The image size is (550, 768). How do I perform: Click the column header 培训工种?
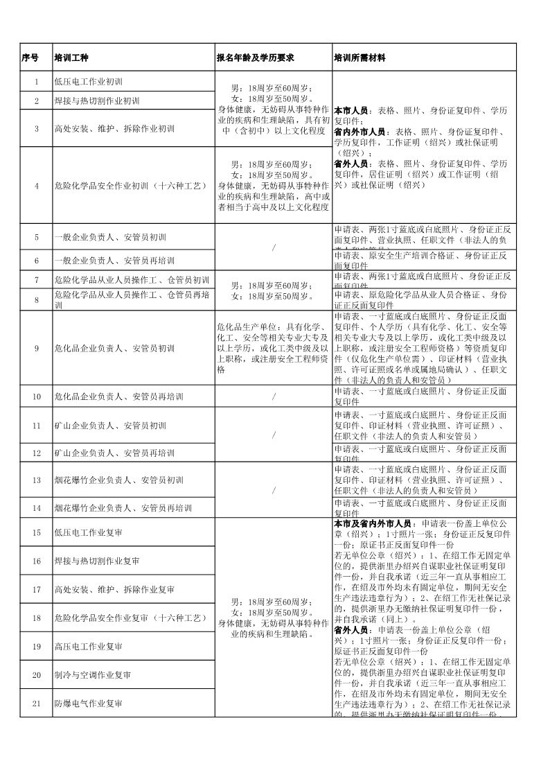[x=70, y=58]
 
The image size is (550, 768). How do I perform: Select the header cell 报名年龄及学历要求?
[x=256, y=58]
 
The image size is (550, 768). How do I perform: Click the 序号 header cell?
[x=30, y=58]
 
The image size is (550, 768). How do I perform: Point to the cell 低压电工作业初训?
[x=88, y=82]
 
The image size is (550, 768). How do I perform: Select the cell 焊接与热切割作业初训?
[x=96, y=101]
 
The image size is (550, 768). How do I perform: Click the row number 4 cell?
[x=37, y=185]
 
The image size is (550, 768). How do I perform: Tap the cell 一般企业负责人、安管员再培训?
[x=114, y=261]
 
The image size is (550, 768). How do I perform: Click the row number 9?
[x=37, y=348]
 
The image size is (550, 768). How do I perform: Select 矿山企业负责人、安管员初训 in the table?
[x=109, y=425]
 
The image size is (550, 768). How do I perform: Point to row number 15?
[x=37, y=532]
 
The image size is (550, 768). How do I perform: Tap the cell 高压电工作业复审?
[x=88, y=646]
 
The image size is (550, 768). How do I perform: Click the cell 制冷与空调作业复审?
[x=92, y=674]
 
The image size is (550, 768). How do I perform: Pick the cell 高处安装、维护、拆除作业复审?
[x=114, y=589]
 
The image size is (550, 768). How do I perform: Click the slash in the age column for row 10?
[x=274, y=397]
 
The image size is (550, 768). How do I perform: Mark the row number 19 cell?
[x=37, y=646]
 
